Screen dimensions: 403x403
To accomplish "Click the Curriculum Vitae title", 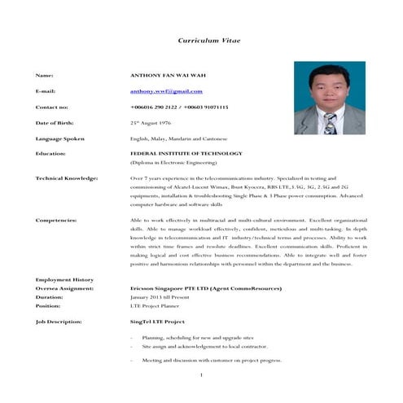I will point(209,40).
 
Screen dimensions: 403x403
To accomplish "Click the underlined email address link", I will point(166,91).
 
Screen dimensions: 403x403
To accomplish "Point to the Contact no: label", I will point(52,107).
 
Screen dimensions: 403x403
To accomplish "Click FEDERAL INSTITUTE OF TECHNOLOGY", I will point(186,153).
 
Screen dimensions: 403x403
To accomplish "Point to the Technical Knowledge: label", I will point(67,177).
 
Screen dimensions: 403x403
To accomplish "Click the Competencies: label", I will point(56,220).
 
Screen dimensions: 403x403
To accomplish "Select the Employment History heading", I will point(64,279).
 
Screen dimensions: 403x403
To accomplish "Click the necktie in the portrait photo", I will point(330,123).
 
